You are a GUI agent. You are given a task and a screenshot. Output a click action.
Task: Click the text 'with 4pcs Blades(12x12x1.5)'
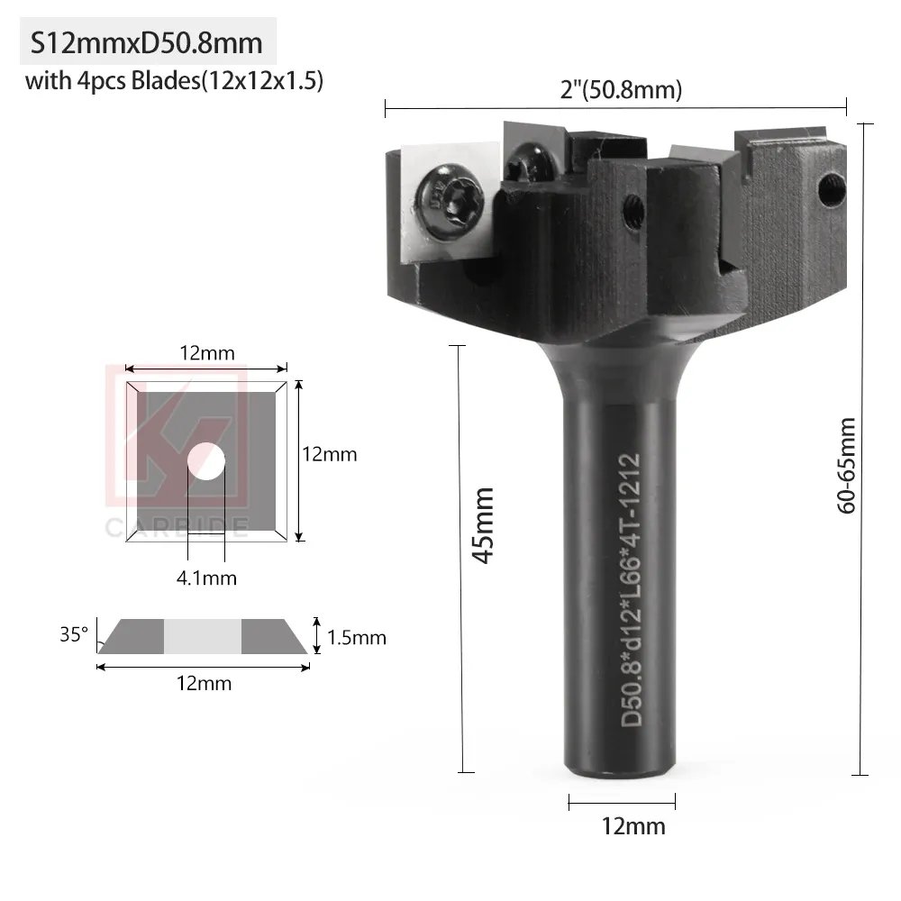174,81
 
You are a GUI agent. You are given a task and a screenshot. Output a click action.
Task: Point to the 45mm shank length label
485,525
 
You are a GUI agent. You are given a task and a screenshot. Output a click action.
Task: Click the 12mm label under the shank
623,825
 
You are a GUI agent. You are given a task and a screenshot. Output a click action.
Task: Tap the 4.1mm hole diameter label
206,578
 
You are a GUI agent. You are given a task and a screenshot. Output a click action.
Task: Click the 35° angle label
74,633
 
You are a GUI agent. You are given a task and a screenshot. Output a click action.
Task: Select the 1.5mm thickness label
356,638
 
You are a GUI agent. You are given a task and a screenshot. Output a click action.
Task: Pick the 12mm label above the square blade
206,353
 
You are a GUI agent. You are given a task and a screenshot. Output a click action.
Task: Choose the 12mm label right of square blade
329,454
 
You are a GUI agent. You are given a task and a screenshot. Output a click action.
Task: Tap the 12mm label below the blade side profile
204,683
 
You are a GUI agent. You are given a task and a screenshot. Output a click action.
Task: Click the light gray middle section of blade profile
203,636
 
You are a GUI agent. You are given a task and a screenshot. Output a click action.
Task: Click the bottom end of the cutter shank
622,770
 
